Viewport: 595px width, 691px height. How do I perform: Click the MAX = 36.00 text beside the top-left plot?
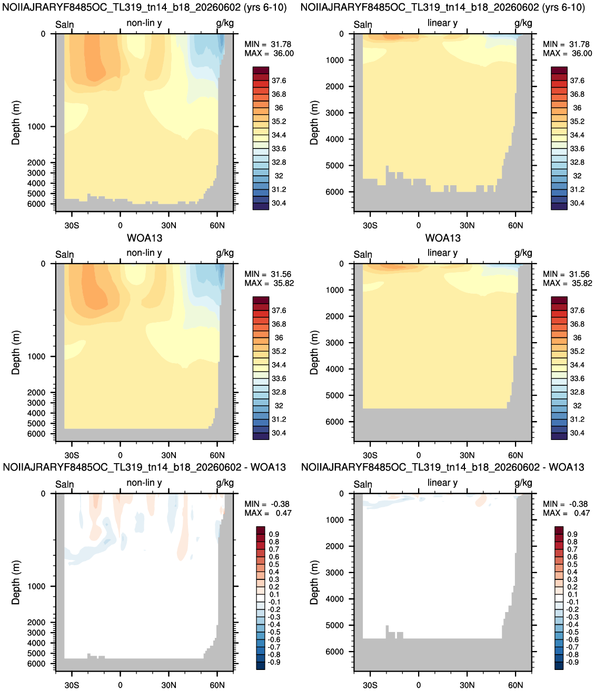click(x=269, y=54)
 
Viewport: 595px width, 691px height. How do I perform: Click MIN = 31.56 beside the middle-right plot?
click(x=567, y=274)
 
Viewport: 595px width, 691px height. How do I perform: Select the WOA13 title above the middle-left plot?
click(x=144, y=238)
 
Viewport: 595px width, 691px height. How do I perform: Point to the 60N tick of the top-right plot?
click(x=515, y=226)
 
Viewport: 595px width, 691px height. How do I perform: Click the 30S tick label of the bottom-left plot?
click(x=72, y=685)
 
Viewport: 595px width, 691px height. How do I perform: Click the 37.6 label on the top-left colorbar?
click(x=279, y=81)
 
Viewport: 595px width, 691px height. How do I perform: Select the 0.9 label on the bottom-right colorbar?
click(x=572, y=534)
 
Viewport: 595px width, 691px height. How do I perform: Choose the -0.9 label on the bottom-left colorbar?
click(x=274, y=662)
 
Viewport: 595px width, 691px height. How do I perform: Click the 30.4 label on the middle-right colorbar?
click(x=577, y=433)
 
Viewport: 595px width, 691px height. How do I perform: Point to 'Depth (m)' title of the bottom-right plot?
click(x=314, y=583)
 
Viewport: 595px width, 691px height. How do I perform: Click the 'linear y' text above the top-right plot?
click(x=442, y=23)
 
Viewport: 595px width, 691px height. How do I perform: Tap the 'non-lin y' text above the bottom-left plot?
click(x=144, y=483)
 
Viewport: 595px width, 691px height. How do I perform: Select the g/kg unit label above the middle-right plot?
click(x=523, y=253)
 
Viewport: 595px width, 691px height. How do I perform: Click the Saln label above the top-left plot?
click(x=65, y=25)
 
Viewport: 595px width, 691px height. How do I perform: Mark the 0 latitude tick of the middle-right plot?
click(x=419, y=455)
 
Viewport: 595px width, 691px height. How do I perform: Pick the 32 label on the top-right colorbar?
click(x=577, y=176)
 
